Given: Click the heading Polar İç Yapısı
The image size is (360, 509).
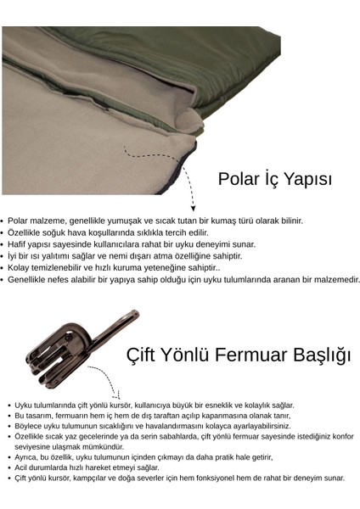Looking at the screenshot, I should click(274, 179).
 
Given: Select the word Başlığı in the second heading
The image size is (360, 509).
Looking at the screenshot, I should click(318, 355).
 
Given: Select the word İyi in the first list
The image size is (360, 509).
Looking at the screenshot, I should click(14, 255).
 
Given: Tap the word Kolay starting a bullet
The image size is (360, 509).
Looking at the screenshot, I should click(20, 267).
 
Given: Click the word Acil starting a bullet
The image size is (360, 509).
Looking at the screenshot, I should click(22, 467).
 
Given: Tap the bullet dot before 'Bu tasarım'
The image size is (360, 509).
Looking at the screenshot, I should click(8, 417).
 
